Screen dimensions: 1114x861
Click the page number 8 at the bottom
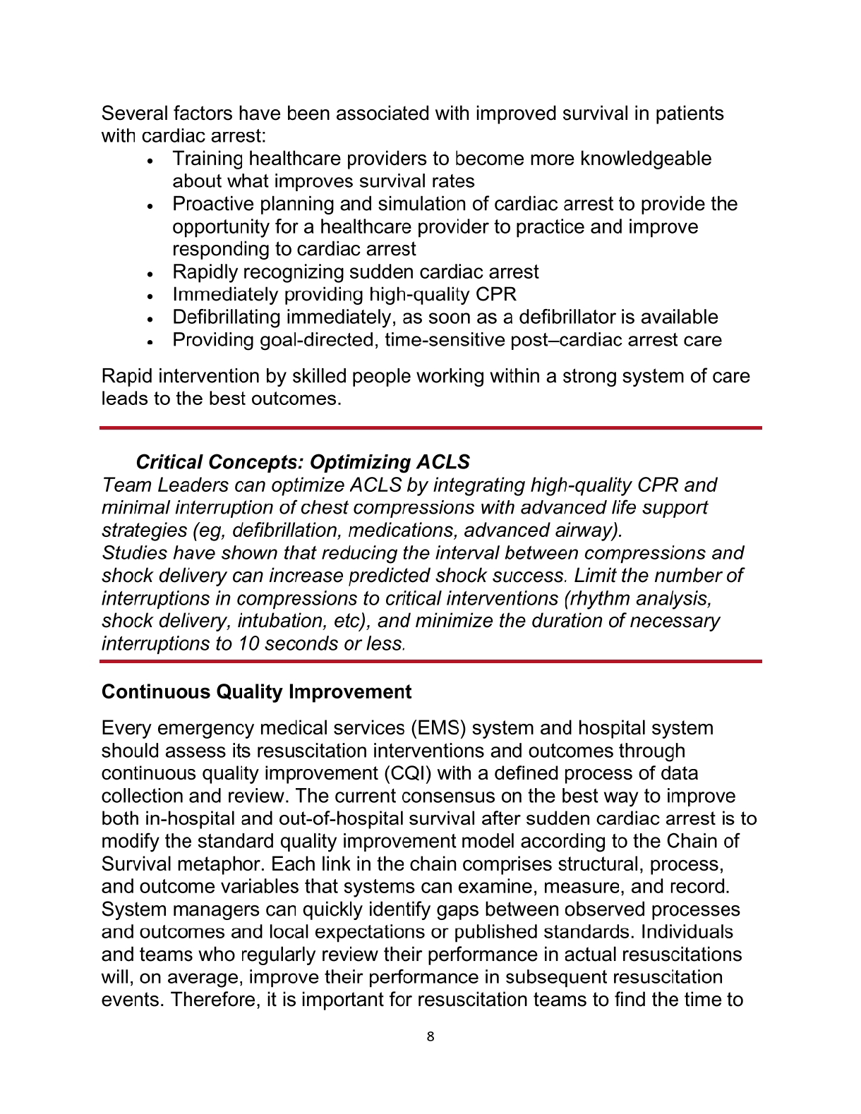(x=430, y=1036)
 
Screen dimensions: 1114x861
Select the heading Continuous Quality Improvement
(x=256, y=691)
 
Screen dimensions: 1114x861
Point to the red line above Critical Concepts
(x=430, y=428)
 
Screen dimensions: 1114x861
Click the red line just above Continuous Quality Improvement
(x=430, y=661)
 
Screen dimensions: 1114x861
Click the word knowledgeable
(x=645, y=159)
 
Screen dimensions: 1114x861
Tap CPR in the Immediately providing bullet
(x=497, y=294)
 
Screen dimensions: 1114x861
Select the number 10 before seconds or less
(x=248, y=643)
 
